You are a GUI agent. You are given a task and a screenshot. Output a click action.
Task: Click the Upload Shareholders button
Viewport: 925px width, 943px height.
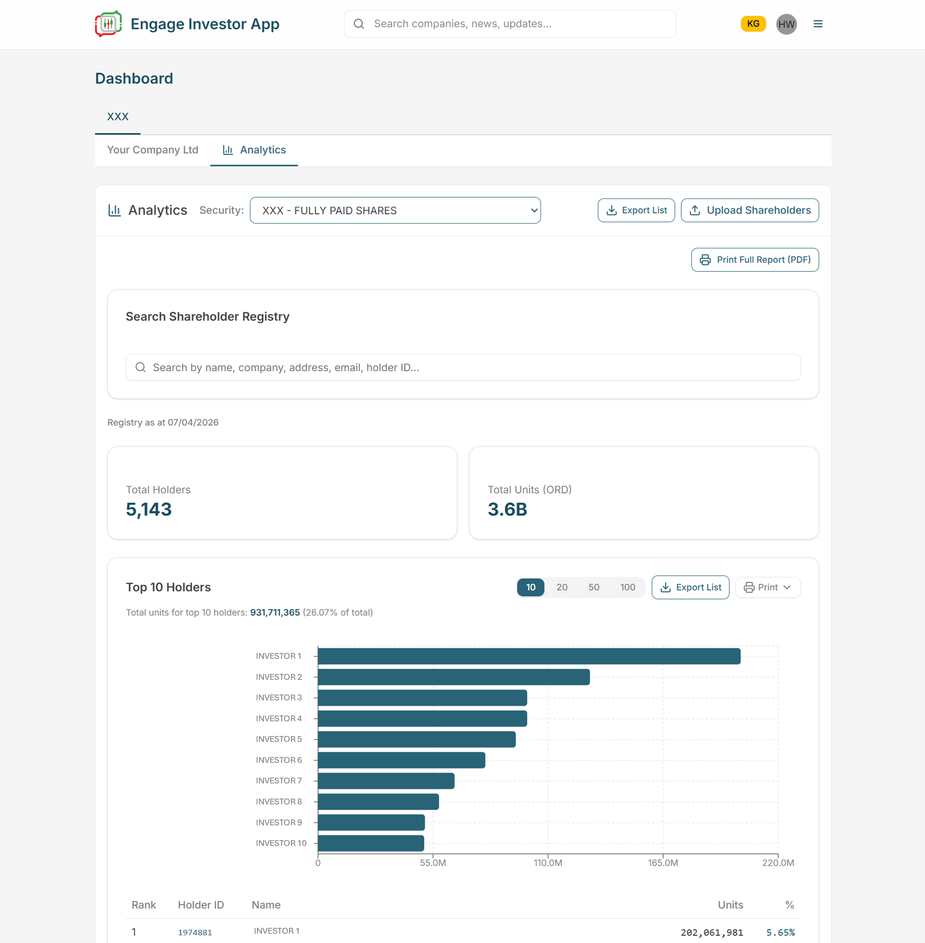pos(749,210)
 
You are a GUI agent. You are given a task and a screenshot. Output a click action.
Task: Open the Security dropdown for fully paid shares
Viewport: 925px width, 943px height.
pos(395,210)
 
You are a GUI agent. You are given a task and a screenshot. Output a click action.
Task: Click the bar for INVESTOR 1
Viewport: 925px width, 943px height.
pos(529,656)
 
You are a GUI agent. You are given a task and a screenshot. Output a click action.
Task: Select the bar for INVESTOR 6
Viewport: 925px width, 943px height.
pos(401,760)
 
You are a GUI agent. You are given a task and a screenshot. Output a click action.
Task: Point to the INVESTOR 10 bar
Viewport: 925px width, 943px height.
pos(371,843)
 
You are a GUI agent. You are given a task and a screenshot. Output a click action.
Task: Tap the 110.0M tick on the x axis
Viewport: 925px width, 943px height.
pos(548,863)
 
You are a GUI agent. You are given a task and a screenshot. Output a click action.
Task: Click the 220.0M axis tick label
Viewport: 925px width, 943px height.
pos(777,863)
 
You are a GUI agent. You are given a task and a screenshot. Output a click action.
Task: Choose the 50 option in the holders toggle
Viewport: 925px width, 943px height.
pos(593,587)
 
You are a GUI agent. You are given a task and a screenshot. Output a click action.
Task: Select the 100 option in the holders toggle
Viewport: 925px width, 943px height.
pos(627,587)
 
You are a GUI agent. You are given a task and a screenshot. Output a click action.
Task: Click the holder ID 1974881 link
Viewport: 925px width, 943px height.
pos(195,932)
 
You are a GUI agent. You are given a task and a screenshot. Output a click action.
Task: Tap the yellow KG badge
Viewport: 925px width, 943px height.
pos(753,24)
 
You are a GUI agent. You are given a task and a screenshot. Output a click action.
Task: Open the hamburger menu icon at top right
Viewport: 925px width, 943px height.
pos(818,24)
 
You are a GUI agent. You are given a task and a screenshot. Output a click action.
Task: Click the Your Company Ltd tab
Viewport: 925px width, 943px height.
pos(153,150)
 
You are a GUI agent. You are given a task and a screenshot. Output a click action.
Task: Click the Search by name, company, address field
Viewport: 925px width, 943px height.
pos(462,367)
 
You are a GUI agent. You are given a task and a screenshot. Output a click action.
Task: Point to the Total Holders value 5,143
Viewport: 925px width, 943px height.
pos(149,509)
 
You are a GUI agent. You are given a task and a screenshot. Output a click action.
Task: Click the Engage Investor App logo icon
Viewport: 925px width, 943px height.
pos(108,24)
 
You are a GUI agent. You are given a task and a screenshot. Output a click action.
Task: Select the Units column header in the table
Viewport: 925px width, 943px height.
pos(730,905)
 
